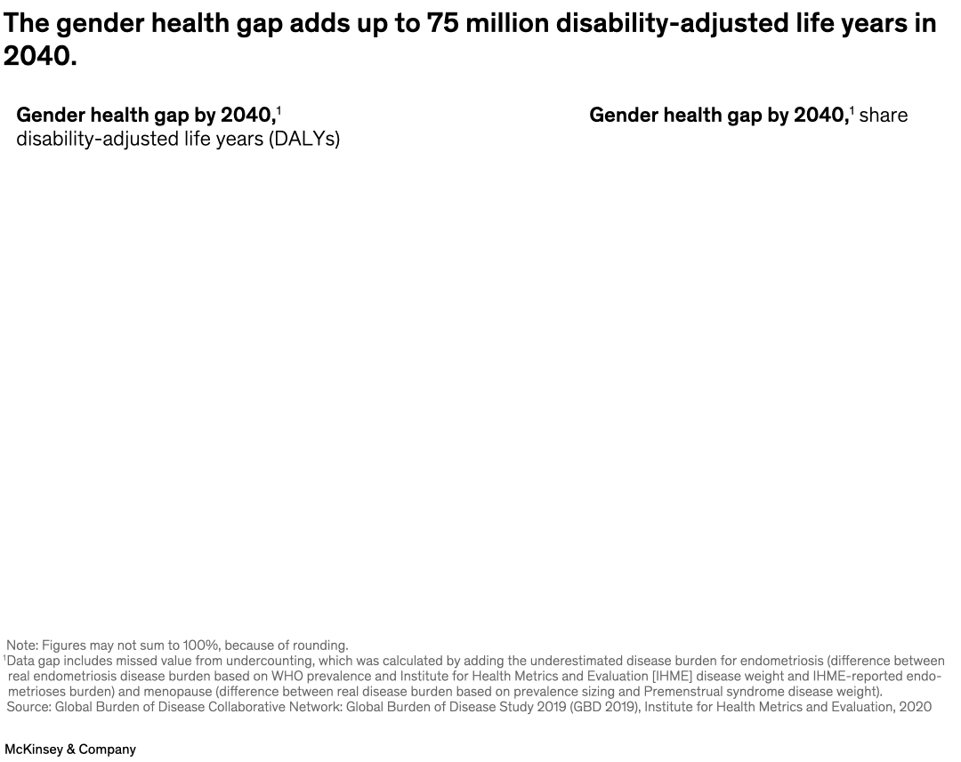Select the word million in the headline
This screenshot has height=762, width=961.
pyautogui.click(x=506, y=24)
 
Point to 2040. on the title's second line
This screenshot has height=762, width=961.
pyautogui.click(x=40, y=57)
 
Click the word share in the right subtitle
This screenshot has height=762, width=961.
pyautogui.click(x=883, y=116)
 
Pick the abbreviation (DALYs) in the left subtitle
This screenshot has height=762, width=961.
pyautogui.click(x=304, y=140)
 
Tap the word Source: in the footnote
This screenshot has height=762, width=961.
pyautogui.click(x=28, y=707)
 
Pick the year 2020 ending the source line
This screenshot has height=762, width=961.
pyautogui.click(x=916, y=707)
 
